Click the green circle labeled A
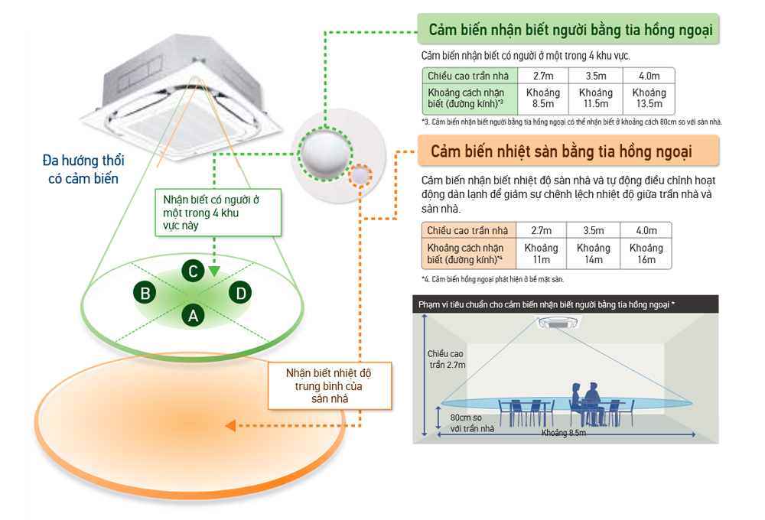click(x=193, y=314)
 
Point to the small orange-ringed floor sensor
click(x=360, y=177)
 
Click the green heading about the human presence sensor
click(x=570, y=30)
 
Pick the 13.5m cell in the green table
click(x=649, y=98)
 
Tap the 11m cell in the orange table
click(x=541, y=254)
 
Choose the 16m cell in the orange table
click(x=646, y=254)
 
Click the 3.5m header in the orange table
click(x=594, y=230)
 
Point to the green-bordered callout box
click(x=217, y=212)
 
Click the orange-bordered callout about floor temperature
click(x=330, y=386)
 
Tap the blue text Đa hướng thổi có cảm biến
click(x=83, y=169)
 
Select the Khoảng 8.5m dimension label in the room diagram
click(x=564, y=434)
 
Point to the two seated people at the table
click(x=583, y=398)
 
